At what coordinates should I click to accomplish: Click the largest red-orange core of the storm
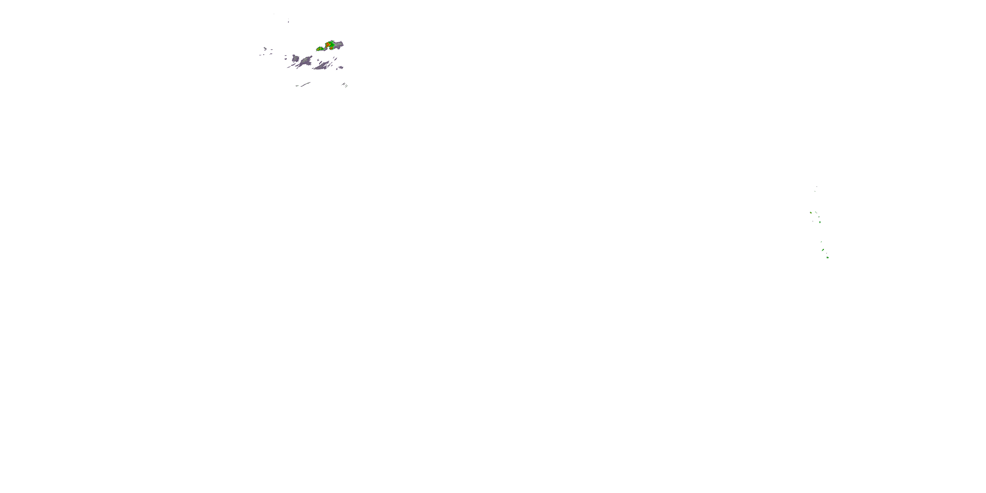(328, 45)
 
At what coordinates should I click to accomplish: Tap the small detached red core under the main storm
(332, 49)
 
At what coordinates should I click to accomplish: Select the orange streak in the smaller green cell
(318, 50)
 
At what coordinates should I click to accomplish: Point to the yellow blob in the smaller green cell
(321, 49)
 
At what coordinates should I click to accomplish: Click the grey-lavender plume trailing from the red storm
(339, 44)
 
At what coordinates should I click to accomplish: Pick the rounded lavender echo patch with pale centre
(295, 59)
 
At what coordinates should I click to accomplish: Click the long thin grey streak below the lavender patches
(306, 84)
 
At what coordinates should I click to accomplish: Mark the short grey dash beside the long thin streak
(297, 86)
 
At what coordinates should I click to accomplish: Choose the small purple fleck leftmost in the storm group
(260, 55)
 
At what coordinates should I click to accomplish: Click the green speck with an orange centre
(811, 213)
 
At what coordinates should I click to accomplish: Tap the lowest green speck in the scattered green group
(828, 258)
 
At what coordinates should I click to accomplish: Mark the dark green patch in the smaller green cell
(322, 49)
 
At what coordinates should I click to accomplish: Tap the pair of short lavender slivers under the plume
(335, 59)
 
